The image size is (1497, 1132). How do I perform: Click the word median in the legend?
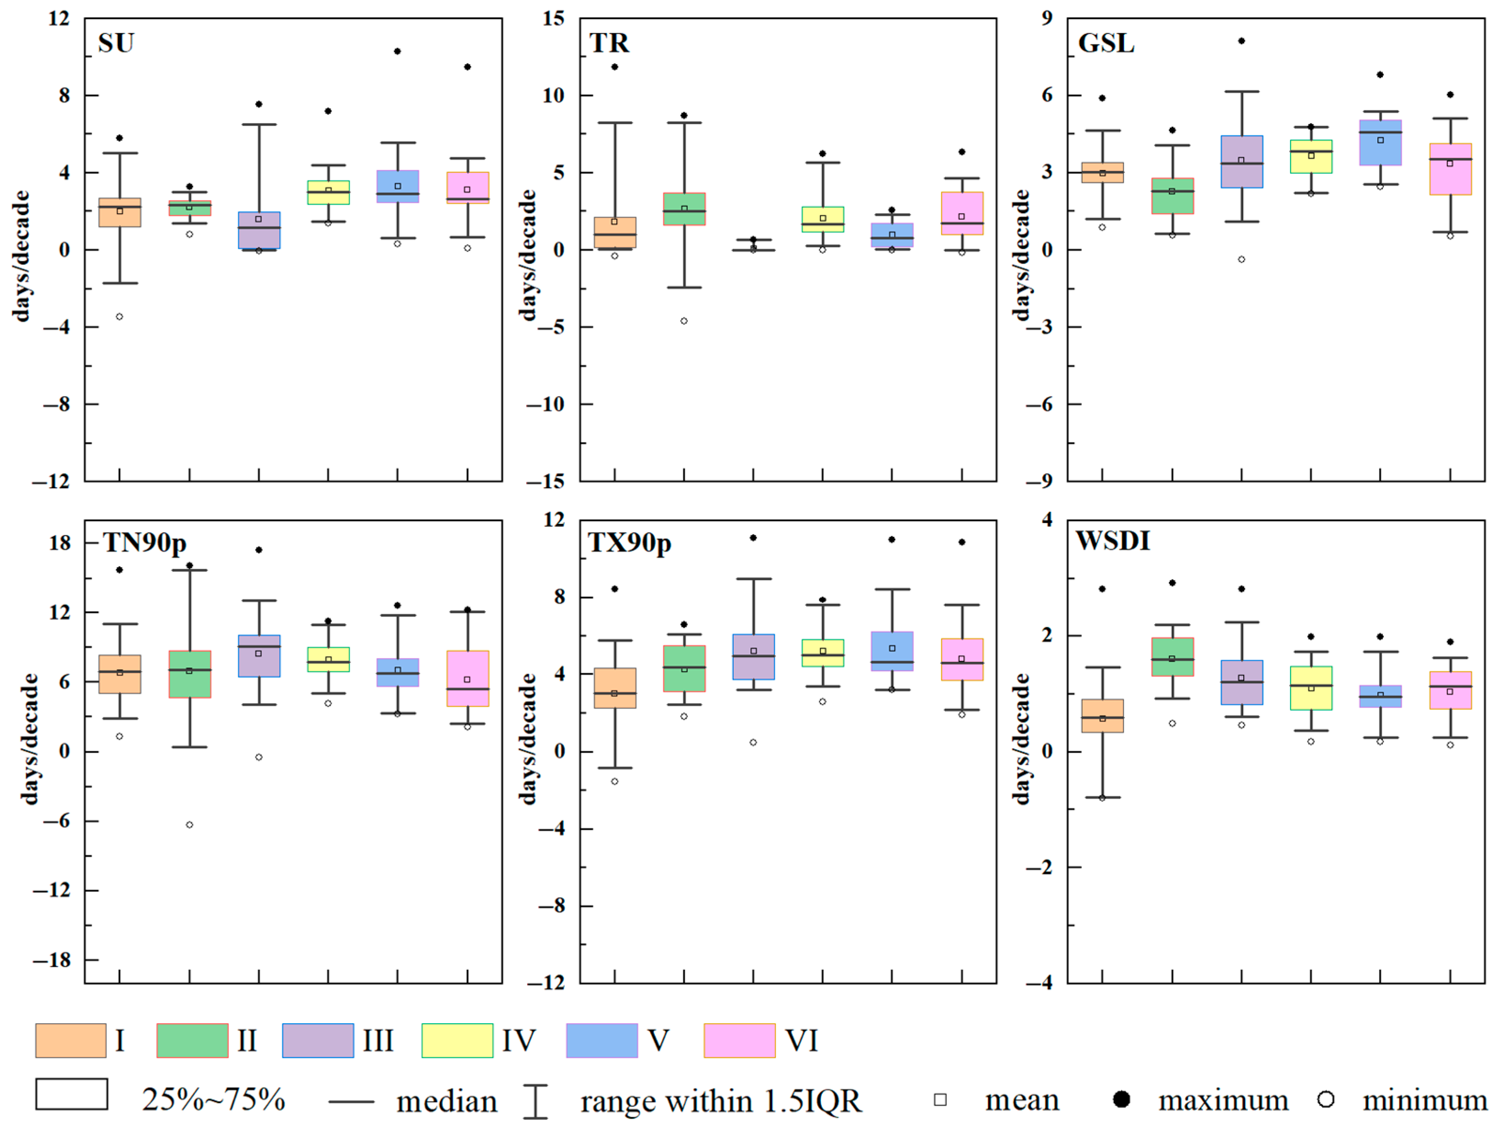[x=447, y=1102]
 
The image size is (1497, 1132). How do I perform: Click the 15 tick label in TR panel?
[x=553, y=18]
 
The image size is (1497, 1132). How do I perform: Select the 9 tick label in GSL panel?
[x=1047, y=18]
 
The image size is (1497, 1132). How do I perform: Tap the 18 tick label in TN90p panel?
[x=60, y=543]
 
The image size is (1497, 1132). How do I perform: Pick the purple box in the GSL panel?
[x=1241, y=162]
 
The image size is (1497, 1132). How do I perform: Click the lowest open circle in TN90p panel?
[x=190, y=825]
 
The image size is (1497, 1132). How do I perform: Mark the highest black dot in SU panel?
[x=397, y=51]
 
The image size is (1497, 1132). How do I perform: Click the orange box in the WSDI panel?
[x=1102, y=715]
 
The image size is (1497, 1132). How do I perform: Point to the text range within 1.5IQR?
[x=721, y=1102]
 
